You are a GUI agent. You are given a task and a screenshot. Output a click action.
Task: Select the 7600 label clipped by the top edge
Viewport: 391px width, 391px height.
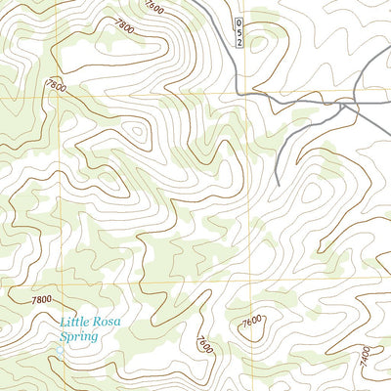[x=153, y=7]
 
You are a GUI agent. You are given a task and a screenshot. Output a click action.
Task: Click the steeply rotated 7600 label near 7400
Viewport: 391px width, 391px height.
[x=203, y=344]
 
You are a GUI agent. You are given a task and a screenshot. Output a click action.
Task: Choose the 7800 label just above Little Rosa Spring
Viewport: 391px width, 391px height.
[x=41, y=299]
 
